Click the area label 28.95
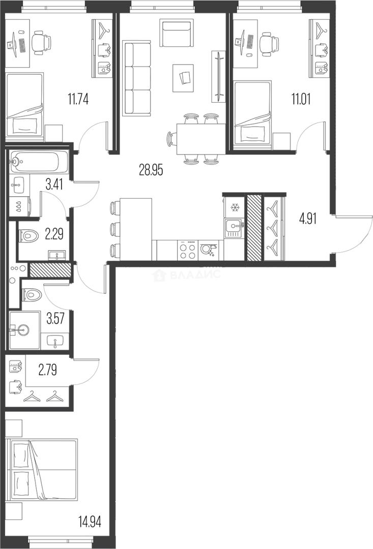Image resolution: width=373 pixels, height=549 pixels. point(151,170)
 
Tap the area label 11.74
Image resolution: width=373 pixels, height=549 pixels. point(78,99)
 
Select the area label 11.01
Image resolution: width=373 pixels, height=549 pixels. point(301,99)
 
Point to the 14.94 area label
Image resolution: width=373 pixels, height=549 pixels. point(90,522)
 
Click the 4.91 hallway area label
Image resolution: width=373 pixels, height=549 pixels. point(307,219)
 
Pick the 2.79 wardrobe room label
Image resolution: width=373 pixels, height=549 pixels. point(47,370)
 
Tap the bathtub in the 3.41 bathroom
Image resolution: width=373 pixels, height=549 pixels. point(39,162)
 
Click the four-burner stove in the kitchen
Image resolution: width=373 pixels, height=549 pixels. point(188,250)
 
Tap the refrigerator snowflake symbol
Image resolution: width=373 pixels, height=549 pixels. point(234,207)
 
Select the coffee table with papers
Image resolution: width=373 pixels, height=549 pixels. point(183,78)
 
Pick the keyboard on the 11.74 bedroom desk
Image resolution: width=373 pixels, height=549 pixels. point(22,45)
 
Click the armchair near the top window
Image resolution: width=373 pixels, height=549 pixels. point(177,33)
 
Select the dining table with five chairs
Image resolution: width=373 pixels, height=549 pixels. point(197,138)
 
